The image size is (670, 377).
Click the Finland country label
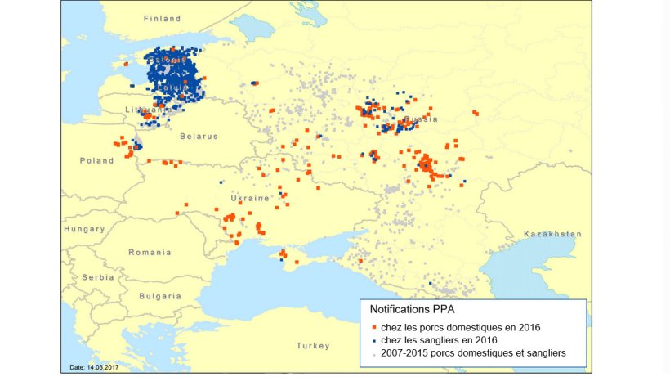(162, 18)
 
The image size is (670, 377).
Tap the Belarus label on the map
(199, 137)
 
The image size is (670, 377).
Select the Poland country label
(96, 161)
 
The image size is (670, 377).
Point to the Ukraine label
(249, 199)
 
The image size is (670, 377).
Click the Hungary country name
(84, 230)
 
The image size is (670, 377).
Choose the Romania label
(150, 253)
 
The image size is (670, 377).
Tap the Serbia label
(98, 277)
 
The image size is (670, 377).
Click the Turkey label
(312, 345)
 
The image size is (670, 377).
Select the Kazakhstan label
(553, 234)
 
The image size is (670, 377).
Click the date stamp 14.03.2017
(100, 367)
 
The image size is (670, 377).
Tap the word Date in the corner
(77, 367)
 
